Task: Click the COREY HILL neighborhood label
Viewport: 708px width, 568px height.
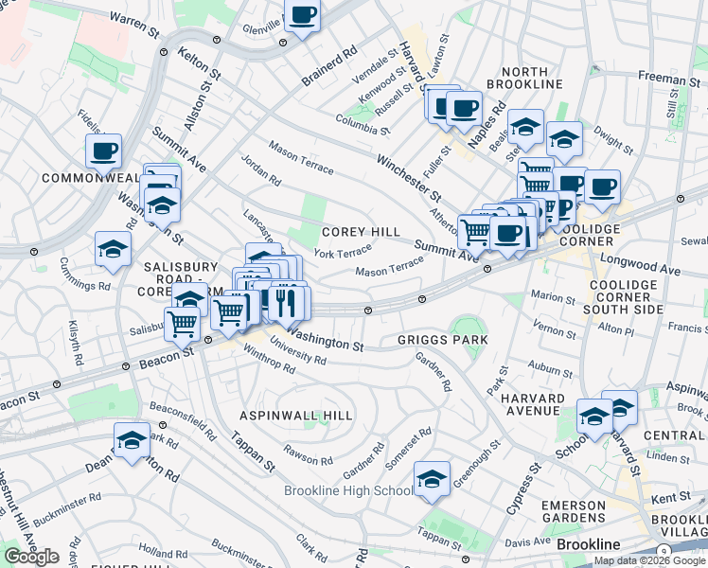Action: pos(361,232)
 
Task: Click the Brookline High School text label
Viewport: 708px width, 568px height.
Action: pos(348,490)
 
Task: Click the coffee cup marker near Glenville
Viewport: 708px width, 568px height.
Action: pos(302,16)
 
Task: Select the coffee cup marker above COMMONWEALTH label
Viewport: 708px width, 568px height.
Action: pos(103,151)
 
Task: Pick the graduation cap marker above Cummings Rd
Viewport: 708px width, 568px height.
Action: pos(113,250)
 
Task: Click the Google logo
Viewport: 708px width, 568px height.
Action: pos(31,557)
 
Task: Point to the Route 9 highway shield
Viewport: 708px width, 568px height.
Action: pos(664,552)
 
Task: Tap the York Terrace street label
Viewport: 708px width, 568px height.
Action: pos(343,253)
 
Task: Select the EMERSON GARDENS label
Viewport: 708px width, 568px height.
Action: pos(573,511)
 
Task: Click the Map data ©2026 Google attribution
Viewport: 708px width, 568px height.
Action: pos(650,560)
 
